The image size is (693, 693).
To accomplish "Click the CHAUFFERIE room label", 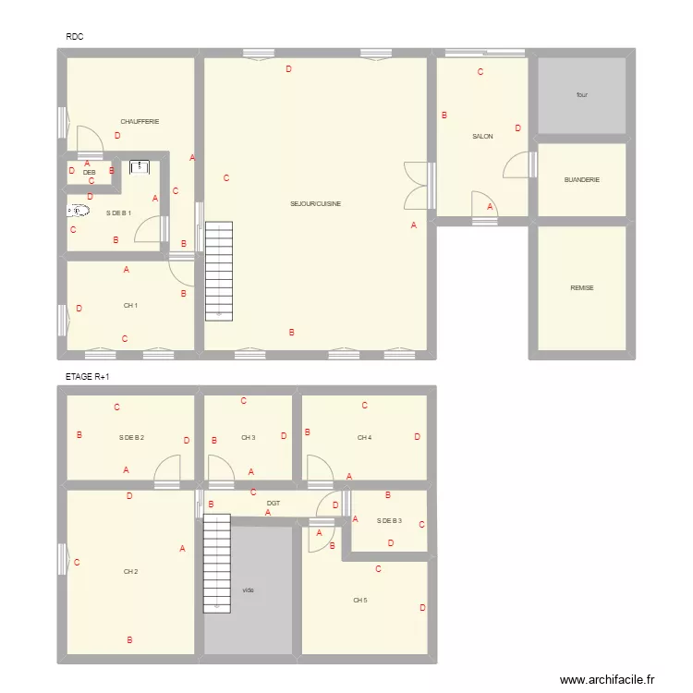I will pyautogui.click(x=140, y=121).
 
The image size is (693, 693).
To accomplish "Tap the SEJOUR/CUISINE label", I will pyautogui.click(x=316, y=203).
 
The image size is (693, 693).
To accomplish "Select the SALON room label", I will pyautogui.click(x=482, y=137).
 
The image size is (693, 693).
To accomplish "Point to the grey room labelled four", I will pyautogui.click(x=582, y=95).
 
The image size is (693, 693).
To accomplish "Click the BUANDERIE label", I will pyautogui.click(x=582, y=180).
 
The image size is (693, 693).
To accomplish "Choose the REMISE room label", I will pyautogui.click(x=582, y=288).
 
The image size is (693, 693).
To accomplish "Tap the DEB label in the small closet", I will pyautogui.click(x=90, y=172).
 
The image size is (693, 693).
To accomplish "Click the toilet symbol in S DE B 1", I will pyautogui.click(x=79, y=211).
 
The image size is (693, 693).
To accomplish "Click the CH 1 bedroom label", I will pyautogui.click(x=130, y=306).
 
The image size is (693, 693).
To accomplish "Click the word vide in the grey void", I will pyautogui.click(x=248, y=590).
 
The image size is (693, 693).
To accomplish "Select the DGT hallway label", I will pyautogui.click(x=274, y=503).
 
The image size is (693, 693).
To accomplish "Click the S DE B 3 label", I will pyautogui.click(x=389, y=521).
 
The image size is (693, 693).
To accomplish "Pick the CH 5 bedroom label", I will pyautogui.click(x=359, y=600).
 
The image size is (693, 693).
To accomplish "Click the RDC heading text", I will pyautogui.click(x=76, y=37).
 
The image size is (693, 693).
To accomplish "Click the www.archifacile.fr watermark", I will pyautogui.click(x=607, y=679).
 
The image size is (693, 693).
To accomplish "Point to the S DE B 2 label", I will pyautogui.click(x=131, y=437).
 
